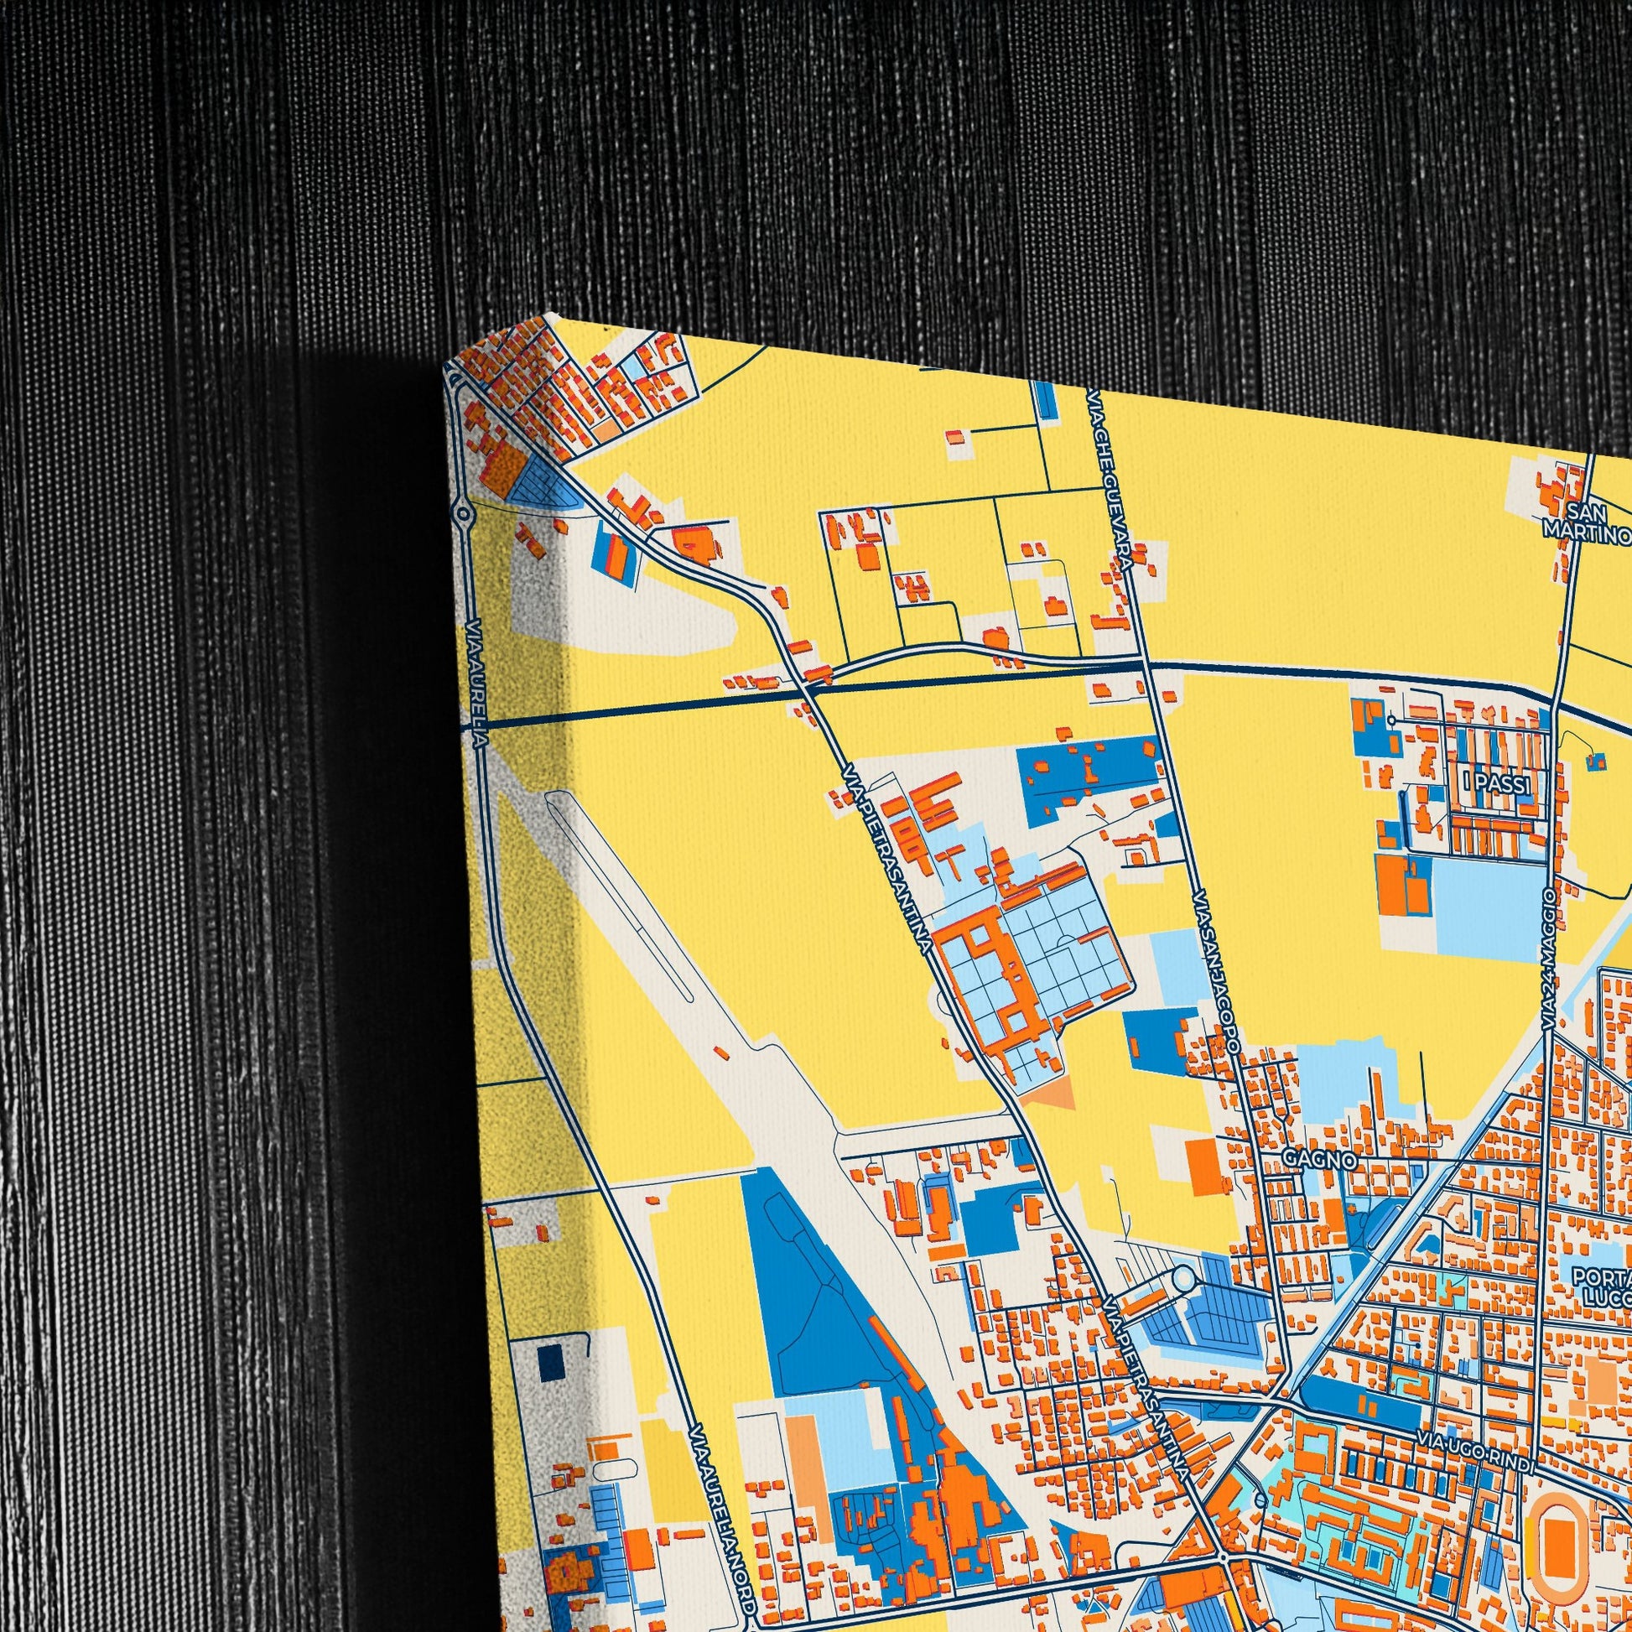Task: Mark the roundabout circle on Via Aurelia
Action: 462,512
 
